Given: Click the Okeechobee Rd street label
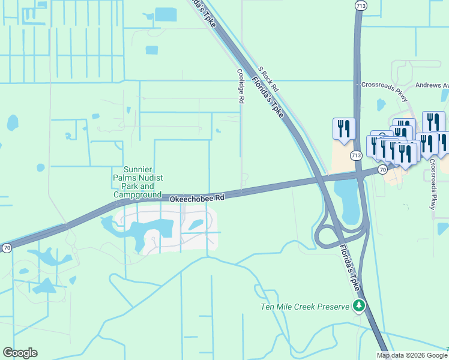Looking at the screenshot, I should click(x=196, y=197).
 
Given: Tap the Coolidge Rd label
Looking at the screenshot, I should click(x=240, y=86).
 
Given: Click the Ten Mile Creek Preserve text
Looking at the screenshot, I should click(x=305, y=307).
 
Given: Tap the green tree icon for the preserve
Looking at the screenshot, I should click(x=359, y=306).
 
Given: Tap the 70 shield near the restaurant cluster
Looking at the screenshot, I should click(x=382, y=170).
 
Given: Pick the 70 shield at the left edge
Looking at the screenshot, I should click(x=7, y=248).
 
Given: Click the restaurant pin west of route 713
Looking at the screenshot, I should click(x=344, y=128).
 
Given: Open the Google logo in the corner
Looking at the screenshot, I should click(x=20, y=353).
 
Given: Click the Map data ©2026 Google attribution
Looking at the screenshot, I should click(x=412, y=355).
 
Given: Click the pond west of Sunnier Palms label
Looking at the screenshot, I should click(x=13, y=123).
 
